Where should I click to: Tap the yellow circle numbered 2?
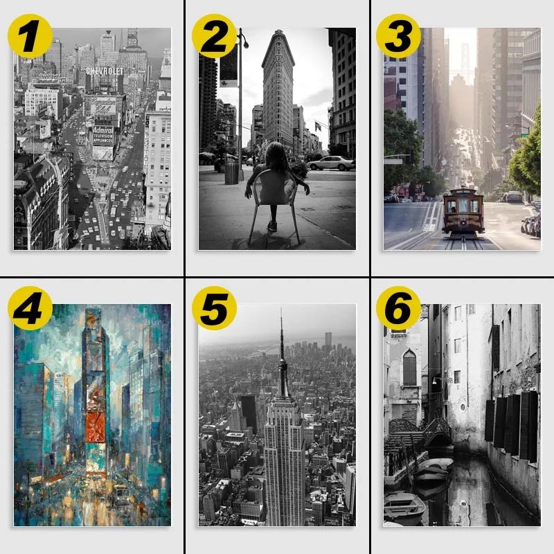point(215,36)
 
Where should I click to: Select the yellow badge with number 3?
point(399,36)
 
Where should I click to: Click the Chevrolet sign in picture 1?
point(109,71)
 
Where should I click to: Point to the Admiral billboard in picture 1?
point(102,134)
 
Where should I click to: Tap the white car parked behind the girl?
point(332,163)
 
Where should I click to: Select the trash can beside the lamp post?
point(231,172)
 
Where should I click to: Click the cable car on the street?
point(463,211)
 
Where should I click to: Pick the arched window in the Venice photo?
point(409,367)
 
